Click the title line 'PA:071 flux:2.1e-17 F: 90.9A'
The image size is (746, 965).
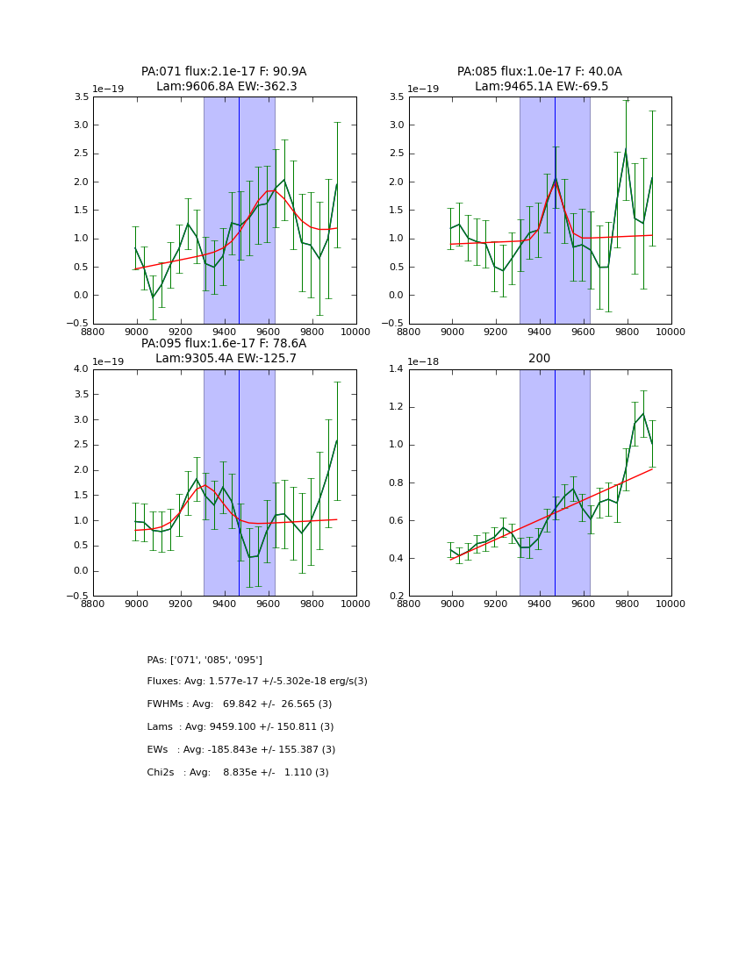[x=224, y=72]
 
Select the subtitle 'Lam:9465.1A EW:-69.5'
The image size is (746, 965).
[x=541, y=87]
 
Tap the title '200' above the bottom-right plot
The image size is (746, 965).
[x=540, y=359]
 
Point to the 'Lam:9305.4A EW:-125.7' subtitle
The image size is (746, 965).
[x=226, y=359]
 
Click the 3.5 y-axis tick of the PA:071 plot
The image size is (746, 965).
[x=80, y=96]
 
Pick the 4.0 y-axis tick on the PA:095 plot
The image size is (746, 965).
[x=80, y=369]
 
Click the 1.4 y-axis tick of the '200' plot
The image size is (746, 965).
[x=396, y=369]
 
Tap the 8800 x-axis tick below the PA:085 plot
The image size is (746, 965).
[x=409, y=331]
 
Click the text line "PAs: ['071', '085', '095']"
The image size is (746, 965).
[x=204, y=660]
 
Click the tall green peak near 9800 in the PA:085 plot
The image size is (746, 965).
[x=626, y=150]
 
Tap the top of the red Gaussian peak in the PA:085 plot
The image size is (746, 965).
[x=555, y=181]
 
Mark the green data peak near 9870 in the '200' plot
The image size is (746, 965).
[x=643, y=413]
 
